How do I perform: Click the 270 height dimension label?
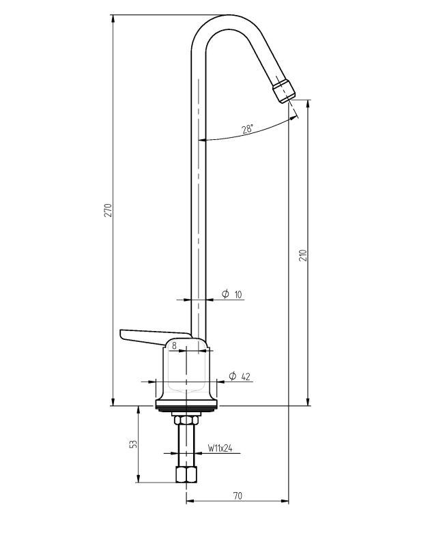[107, 210]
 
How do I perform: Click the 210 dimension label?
[303, 255]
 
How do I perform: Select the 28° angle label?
[247, 130]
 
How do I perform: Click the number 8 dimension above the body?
[174, 345]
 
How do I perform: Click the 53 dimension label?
[134, 444]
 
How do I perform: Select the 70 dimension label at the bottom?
[237, 495]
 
